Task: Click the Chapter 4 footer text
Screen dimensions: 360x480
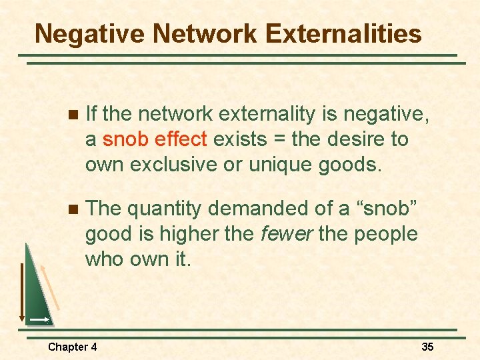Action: click(72, 347)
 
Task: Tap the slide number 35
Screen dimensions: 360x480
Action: click(427, 347)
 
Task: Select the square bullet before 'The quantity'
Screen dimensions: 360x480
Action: click(73, 209)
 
